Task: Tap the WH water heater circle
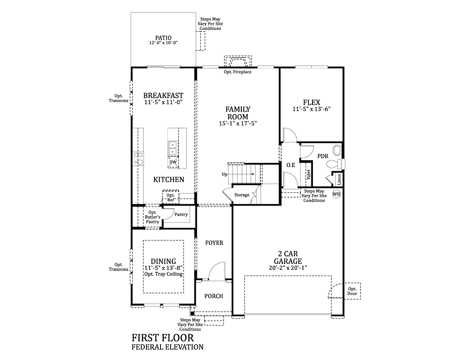336,194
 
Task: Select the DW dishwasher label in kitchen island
173,162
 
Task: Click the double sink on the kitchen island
173,148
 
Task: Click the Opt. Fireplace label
237,72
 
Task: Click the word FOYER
214,243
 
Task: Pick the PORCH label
213,296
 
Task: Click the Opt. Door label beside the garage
352,291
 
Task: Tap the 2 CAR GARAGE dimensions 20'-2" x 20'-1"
288,267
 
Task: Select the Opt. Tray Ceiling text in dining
163,274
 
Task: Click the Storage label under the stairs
242,195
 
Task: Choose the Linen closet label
339,179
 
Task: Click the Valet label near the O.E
308,174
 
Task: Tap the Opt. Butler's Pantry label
152,217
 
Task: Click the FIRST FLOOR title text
163,338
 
